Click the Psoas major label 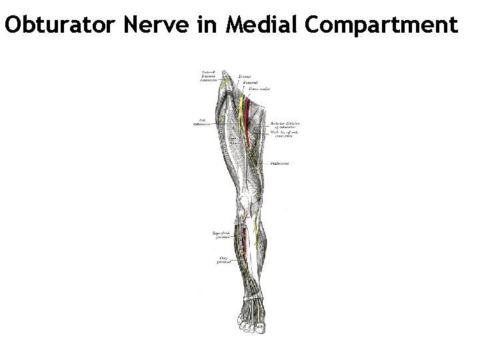coord(259,88)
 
